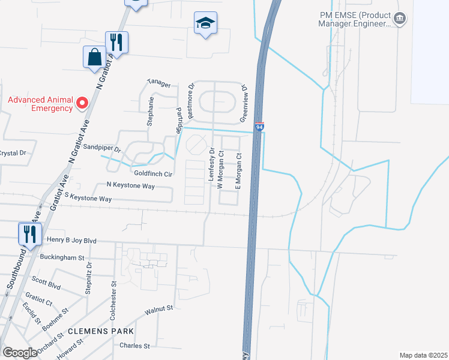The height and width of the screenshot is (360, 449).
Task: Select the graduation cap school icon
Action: pyautogui.click(x=205, y=23)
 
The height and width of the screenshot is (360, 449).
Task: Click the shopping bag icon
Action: pyautogui.click(x=95, y=58)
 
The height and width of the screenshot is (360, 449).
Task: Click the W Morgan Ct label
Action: pyautogui.click(x=220, y=169)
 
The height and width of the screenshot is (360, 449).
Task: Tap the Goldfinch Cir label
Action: pyautogui.click(x=153, y=173)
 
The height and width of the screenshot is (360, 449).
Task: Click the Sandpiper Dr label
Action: pyautogui.click(x=102, y=148)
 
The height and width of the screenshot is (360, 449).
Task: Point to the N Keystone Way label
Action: pyautogui.click(x=130, y=186)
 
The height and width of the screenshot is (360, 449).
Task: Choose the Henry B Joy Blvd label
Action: pyautogui.click(x=71, y=241)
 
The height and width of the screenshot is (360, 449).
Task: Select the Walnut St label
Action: pyautogui.click(x=158, y=310)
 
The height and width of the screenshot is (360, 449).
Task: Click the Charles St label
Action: pyautogui.click(x=134, y=346)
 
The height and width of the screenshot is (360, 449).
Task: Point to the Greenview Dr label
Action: pyautogui.click(x=245, y=100)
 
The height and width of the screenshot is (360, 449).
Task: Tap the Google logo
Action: pyautogui.click(x=20, y=353)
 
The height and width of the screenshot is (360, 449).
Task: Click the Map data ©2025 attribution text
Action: pyautogui.click(x=423, y=355)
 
